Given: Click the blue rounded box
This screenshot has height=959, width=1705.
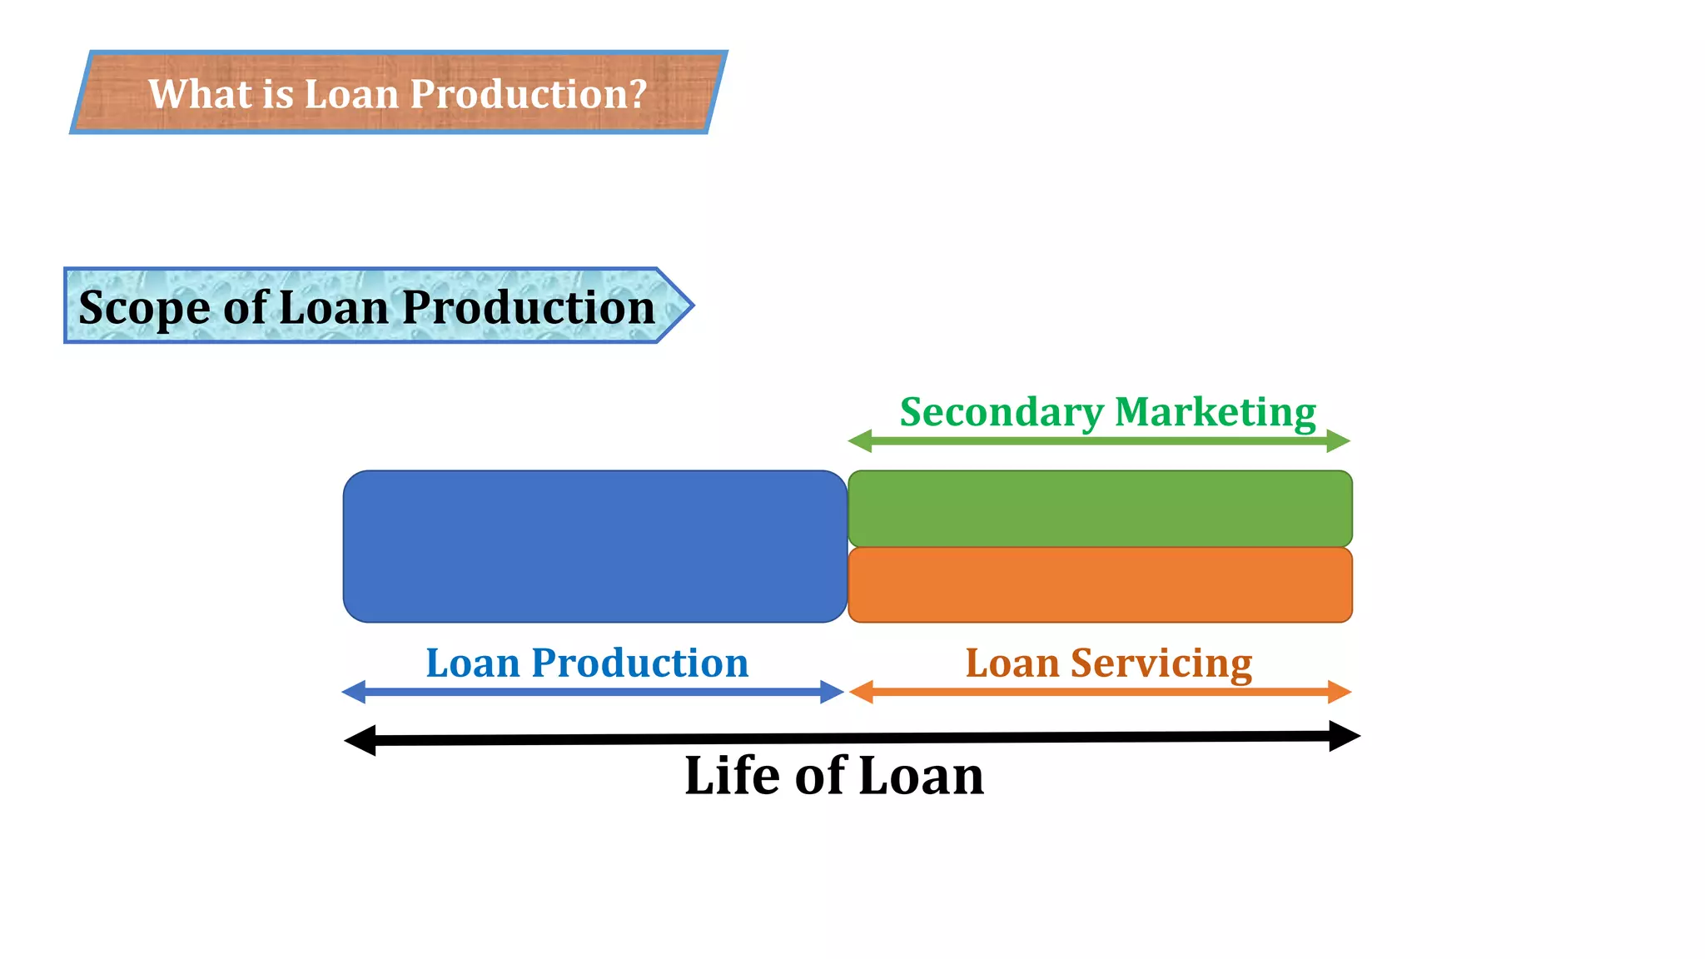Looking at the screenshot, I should click(594, 546).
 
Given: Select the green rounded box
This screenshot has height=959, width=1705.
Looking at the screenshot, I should click(1099, 508).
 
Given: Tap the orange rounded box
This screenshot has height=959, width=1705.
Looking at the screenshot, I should click(1099, 584).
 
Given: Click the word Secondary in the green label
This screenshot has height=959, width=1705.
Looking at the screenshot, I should click(1002, 413).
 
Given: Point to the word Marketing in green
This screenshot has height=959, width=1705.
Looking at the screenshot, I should click(1215, 413).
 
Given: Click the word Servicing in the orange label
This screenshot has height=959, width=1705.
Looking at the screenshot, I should click(1161, 664).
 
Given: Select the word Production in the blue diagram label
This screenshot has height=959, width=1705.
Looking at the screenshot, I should click(639, 663).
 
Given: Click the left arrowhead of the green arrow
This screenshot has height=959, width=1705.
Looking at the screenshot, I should click(860, 441).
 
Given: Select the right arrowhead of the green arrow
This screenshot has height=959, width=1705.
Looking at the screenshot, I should click(1338, 441).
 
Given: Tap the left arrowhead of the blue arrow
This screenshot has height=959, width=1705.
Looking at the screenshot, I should click(354, 692).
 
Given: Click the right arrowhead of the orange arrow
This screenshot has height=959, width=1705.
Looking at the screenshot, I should click(1339, 692).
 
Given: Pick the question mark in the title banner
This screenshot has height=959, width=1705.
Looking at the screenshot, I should click(638, 93).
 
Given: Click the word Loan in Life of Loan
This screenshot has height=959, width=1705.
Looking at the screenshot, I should click(920, 776).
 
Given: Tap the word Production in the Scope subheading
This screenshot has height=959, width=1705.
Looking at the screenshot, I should click(529, 308).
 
